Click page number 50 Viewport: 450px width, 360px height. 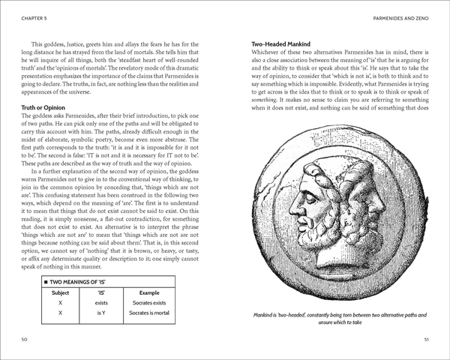(x=25, y=340)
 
